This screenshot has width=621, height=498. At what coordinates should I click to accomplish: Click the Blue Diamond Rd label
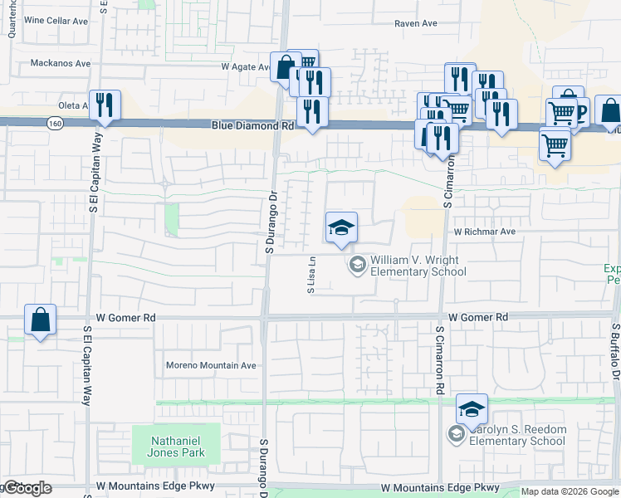pos(253,126)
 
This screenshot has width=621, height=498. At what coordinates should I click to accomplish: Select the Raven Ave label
pos(416,23)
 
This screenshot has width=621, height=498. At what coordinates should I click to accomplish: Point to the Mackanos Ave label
pos(61,62)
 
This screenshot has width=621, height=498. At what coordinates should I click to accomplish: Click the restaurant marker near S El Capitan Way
pos(105,105)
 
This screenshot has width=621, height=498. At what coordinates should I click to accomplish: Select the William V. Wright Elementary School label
pos(413,266)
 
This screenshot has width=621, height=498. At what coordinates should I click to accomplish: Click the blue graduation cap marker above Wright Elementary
pos(341,227)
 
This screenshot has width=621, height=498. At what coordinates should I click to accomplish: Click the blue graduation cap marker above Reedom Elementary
pos(472,408)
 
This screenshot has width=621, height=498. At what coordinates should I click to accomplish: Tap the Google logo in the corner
pos(27,488)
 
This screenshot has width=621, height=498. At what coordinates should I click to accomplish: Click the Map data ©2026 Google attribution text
pos(570,491)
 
